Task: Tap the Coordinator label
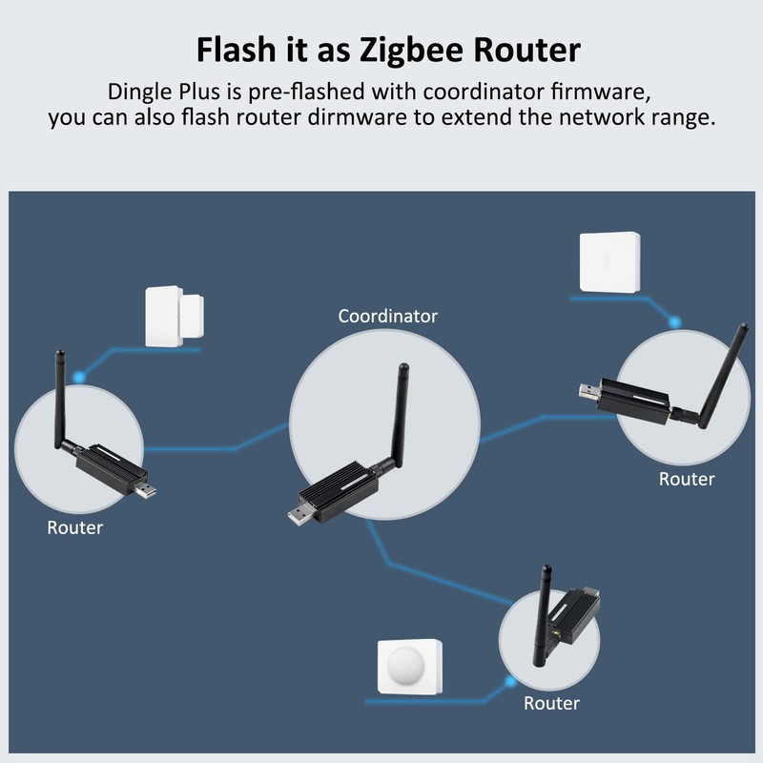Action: click(388, 316)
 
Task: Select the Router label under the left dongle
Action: click(75, 526)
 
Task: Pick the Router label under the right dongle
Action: click(687, 479)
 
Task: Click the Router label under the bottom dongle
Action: click(551, 703)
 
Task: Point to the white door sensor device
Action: click(173, 317)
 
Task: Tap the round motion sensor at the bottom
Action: click(410, 670)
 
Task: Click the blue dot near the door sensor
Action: click(79, 377)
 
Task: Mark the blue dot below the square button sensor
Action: click(675, 321)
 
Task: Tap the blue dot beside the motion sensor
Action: click(512, 681)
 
